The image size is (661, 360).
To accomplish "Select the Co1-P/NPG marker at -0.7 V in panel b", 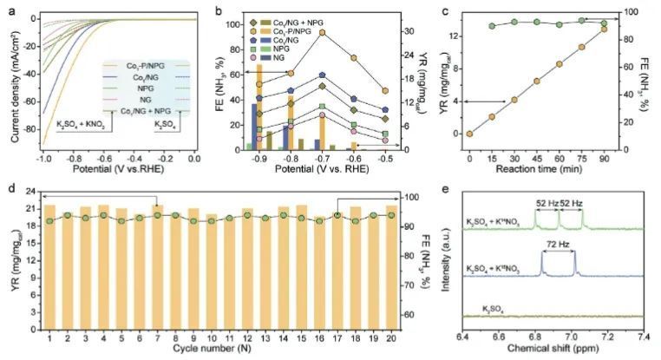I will [x=322, y=32].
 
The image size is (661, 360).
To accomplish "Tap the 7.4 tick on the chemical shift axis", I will [x=643, y=335].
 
